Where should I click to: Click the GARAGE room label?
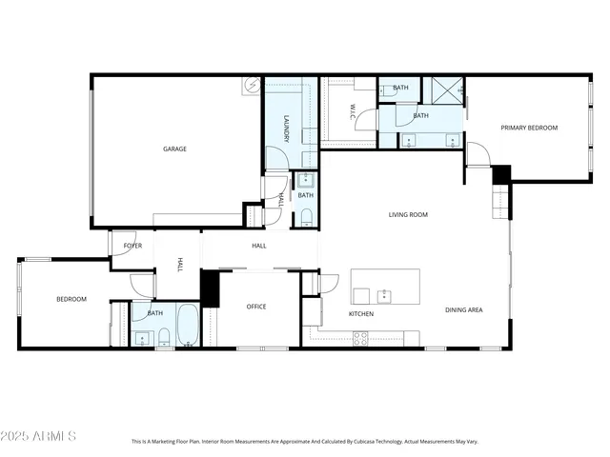click(174, 149)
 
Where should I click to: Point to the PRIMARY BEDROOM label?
click(529, 128)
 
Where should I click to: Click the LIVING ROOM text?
click(407, 215)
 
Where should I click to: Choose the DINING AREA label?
click(463, 310)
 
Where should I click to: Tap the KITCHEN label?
click(360, 314)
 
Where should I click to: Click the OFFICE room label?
click(256, 307)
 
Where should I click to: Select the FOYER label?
click(132, 246)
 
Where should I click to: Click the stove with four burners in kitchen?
click(361, 336)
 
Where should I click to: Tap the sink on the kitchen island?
click(384, 294)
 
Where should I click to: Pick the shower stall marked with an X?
click(441, 89)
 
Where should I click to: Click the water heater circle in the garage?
click(253, 85)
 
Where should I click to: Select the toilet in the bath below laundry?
click(305, 217)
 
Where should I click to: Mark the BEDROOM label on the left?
click(71, 299)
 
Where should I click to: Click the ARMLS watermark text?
click(39, 436)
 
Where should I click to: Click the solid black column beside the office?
click(210, 288)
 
